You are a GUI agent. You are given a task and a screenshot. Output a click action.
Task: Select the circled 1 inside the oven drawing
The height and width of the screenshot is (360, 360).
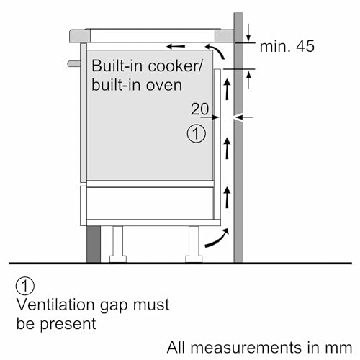196,133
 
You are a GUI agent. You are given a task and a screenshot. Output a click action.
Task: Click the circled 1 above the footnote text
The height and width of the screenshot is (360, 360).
27,288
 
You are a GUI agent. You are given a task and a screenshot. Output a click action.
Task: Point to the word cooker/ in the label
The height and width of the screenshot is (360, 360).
177,66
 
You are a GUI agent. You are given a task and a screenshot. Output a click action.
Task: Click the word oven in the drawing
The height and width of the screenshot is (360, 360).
164,84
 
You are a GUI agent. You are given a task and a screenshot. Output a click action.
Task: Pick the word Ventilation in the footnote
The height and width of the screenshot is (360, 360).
53,305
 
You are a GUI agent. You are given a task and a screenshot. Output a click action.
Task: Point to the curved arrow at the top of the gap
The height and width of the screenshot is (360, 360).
220,52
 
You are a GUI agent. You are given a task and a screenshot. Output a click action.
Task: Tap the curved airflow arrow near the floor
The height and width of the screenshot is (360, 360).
216,239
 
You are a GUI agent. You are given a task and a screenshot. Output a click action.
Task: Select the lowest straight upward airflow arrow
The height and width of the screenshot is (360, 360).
228,195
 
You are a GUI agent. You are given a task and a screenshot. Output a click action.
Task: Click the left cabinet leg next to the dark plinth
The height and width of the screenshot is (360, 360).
116,243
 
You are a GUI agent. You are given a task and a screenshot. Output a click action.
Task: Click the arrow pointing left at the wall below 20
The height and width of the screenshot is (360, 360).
243,117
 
